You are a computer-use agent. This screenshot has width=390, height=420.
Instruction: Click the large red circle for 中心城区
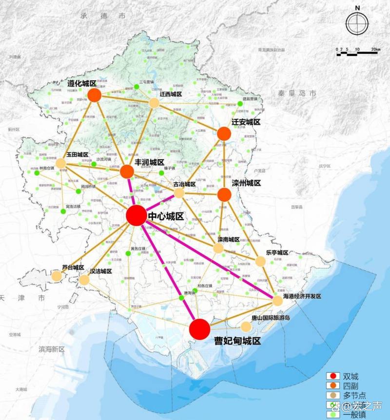[136, 215]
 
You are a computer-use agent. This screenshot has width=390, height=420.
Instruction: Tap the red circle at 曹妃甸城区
[199, 329]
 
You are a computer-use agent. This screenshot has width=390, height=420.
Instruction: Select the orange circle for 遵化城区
[94, 95]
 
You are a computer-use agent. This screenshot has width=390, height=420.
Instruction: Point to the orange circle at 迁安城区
[224, 134]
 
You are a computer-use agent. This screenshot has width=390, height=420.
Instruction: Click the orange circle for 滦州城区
[224, 194]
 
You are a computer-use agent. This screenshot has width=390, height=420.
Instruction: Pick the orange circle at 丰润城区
[127, 172]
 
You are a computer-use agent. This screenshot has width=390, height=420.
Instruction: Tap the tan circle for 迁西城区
[154, 103]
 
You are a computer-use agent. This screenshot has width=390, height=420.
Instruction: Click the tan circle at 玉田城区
[61, 164]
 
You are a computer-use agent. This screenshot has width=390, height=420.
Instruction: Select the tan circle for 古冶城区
[179, 193]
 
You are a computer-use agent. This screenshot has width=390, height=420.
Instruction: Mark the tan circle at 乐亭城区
[261, 261]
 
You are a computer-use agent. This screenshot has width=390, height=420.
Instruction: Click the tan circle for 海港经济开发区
[277, 301]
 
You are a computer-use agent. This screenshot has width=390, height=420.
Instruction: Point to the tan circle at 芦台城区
[57, 276]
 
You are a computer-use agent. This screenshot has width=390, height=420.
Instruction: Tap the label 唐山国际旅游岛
[271, 318]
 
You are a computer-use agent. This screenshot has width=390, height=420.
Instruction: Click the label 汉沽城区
[101, 271]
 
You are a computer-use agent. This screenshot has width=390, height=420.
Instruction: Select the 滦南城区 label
[229, 239]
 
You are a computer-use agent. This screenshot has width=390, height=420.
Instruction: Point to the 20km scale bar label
[375, 50]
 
